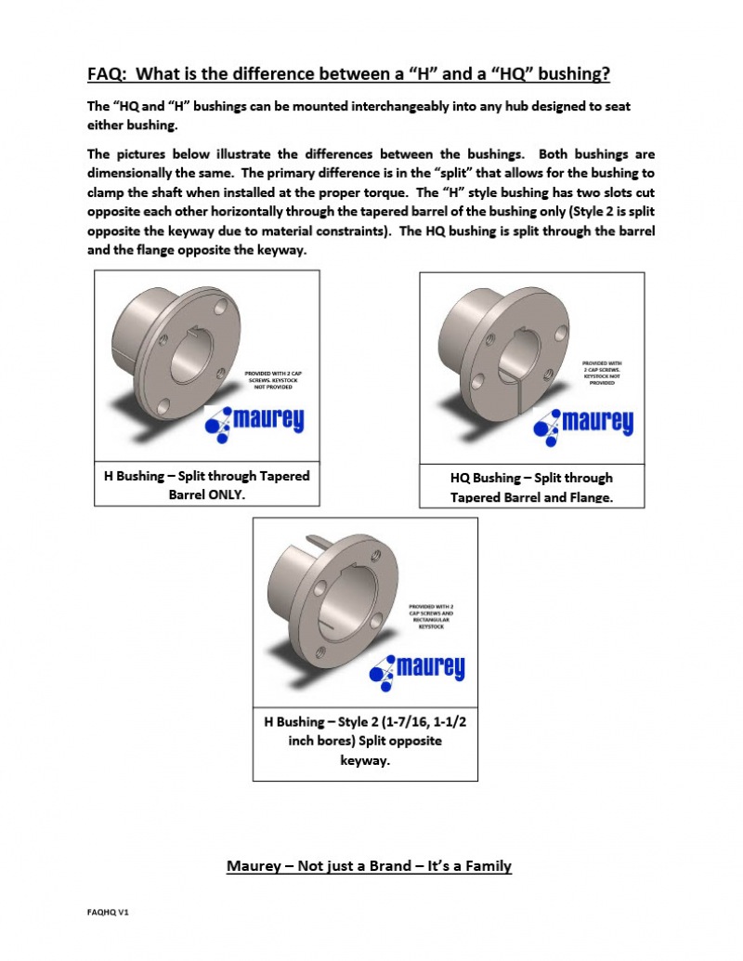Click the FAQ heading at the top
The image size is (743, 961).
pos(348,73)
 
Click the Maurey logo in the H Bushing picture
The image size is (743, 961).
pos(254,423)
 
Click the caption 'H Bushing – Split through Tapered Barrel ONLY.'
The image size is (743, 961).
pos(206,484)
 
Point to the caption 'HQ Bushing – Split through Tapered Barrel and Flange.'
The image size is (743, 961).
pos(531,488)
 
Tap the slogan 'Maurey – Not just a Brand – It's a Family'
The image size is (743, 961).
pos(370,866)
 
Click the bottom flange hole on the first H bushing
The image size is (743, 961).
pos(164,405)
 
